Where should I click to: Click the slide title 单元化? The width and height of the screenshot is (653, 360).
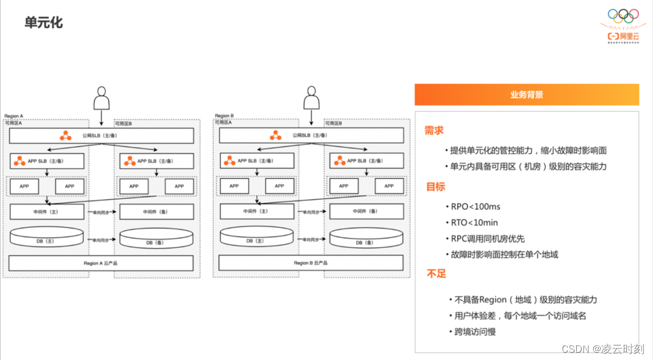point(44,23)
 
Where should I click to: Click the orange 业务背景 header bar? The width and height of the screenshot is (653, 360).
point(526,95)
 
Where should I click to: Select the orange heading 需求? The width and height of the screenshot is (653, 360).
point(434,130)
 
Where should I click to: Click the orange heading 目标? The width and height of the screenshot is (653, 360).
point(435,186)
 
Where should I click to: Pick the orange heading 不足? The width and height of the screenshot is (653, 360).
point(436,273)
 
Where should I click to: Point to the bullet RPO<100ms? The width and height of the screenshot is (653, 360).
point(475,206)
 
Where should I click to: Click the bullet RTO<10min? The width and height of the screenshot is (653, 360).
point(474,223)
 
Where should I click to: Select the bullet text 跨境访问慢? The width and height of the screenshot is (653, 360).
point(475,332)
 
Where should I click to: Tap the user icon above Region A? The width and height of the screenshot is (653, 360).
point(101,98)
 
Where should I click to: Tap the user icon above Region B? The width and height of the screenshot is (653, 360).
point(311,98)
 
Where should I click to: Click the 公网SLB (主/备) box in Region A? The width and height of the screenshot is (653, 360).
point(101,136)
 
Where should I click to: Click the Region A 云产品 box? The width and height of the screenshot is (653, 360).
point(101,263)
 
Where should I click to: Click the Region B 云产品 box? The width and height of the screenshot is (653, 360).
point(311,263)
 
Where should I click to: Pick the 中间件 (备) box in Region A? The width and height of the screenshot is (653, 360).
point(157,212)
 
